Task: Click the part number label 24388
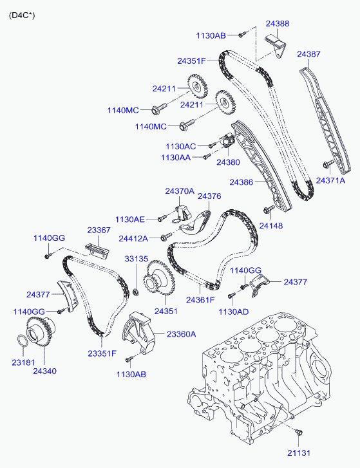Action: coord(278,24)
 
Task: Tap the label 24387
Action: coord(308,54)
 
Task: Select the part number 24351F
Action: coord(192,61)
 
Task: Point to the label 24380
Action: coord(228,162)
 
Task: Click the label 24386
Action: coord(242,182)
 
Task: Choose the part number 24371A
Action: coord(330,181)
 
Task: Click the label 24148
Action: coord(270,226)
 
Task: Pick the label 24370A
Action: coord(180,191)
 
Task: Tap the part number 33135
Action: coord(137,259)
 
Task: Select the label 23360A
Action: coord(181,334)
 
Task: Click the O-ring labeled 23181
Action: coord(22,341)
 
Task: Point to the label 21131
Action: coord(299,453)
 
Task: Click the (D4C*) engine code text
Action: coord(22,15)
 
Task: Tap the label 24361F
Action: coord(200,300)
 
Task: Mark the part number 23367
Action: coord(99,230)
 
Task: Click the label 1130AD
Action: coord(233,312)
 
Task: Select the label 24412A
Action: coord(133,239)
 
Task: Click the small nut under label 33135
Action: coord(136,292)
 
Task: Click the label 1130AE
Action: coord(130,220)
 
